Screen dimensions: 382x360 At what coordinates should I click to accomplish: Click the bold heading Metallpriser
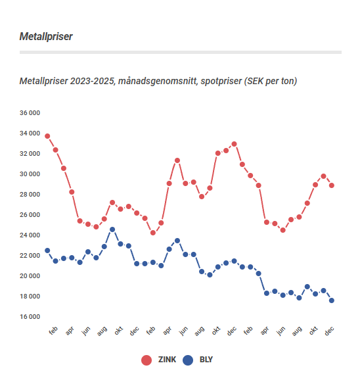pyautogui.click(x=46, y=36)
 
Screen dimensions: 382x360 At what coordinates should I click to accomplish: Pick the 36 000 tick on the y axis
pyautogui.click(x=30, y=113)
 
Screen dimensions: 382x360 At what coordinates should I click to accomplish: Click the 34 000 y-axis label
pyautogui.click(x=30, y=133)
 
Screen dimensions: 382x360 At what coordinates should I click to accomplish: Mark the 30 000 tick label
pyautogui.click(x=30, y=174)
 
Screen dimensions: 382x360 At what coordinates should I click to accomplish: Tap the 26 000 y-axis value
pyautogui.click(x=30, y=215)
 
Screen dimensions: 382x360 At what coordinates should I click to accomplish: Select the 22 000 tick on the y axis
pyautogui.click(x=30, y=256)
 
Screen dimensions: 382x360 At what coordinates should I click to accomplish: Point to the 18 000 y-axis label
pyautogui.click(x=30, y=297)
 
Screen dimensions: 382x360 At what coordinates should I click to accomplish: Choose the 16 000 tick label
pyautogui.click(x=30, y=317)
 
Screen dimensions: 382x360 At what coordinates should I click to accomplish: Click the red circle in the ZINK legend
pyautogui.click(x=146, y=360)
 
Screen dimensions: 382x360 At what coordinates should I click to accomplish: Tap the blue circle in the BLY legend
pyautogui.click(x=188, y=360)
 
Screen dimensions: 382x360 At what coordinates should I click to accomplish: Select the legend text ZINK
pyautogui.click(x=166, y=360)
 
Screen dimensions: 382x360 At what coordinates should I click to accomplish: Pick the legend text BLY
pyautogui.click(x=206, y=360)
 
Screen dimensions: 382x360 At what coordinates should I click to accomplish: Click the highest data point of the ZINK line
pyautogui.click(x=47, y=136)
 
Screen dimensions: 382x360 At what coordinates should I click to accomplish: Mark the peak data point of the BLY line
pyautogui.click(x=112, y=229)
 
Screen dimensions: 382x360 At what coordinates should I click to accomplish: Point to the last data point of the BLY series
pyautogui.click(x=332, y=300)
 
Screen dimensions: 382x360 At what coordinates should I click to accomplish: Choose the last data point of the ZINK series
pyautogui.click(x=332, y=185)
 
